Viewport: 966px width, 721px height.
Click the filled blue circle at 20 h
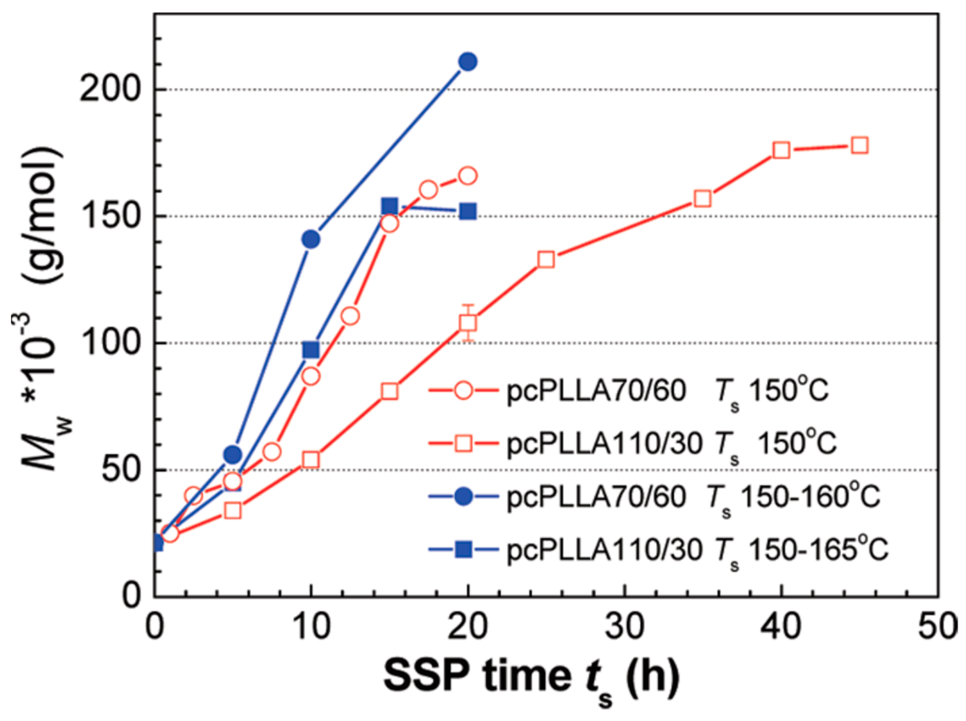pos(467,62)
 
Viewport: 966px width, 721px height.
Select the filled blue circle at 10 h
pos(311,239)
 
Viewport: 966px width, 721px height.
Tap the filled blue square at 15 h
pos(390,206)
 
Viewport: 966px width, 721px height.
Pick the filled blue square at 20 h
pos(468,212)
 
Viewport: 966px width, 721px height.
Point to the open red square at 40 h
pos(782,151)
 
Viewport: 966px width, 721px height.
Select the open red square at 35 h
pos(703,199)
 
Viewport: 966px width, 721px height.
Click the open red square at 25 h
pos(546,260)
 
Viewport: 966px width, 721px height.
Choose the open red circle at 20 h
pos(468,175)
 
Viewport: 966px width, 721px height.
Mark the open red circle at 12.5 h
pos(350,316)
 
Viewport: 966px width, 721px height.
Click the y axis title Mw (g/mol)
pos(42,306)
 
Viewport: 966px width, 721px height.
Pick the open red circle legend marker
pos(463,390)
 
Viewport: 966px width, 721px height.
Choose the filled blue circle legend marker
pos(463,497)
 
